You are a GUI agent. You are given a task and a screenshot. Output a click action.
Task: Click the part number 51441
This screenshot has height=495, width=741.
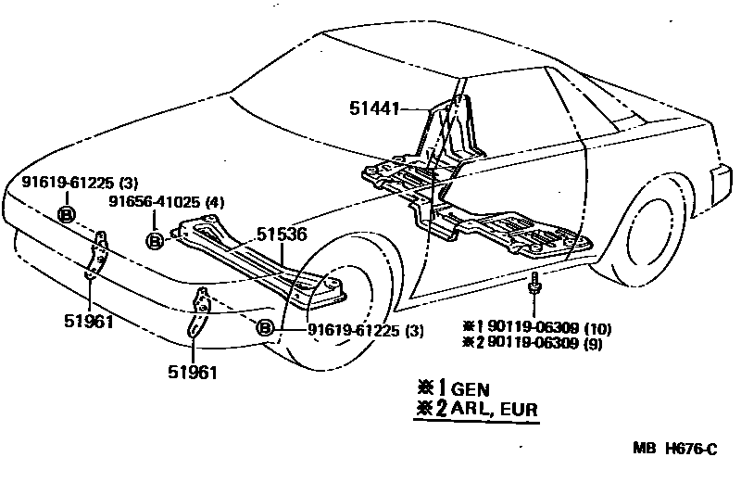pyautogui.click(x=373, y=108)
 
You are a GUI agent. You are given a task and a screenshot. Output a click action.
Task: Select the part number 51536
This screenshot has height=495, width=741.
pyautogui.click(x=282, y=235)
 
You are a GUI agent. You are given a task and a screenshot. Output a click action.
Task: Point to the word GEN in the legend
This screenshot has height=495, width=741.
pyautogui.click(x=471, y=389)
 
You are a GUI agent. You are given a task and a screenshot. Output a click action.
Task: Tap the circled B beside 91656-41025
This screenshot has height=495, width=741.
pyautogui.click(x=155, y=240)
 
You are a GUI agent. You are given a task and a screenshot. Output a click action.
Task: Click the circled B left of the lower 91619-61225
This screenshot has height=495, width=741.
pyautogui.click(x=265, y=328)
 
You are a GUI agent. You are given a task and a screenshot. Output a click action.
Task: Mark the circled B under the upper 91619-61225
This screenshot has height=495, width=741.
pyautogui.click(x=67, y=215)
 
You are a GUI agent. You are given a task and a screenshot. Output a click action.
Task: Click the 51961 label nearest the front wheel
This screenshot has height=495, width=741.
pyautogui.click(x=193, y=373)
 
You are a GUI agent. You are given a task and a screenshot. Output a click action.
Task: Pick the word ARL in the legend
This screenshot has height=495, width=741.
pyautogui.click(x=474, y=409)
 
